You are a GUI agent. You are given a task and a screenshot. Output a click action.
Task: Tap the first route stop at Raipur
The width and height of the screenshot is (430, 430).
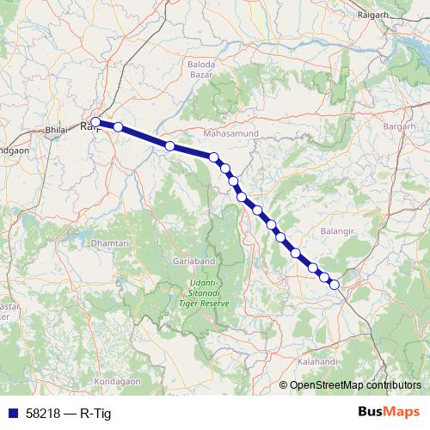[x=96, y=122]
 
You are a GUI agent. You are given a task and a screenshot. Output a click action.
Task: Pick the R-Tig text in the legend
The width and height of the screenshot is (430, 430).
[x=95, y=414]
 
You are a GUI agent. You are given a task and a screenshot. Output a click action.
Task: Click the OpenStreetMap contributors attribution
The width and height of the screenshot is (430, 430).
[x=355, y=385]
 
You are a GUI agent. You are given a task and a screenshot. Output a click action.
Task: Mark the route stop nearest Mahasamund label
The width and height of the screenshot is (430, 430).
[x=214, y=158]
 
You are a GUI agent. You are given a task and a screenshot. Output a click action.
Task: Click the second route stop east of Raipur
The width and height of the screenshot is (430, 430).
[x=170, y=146]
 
